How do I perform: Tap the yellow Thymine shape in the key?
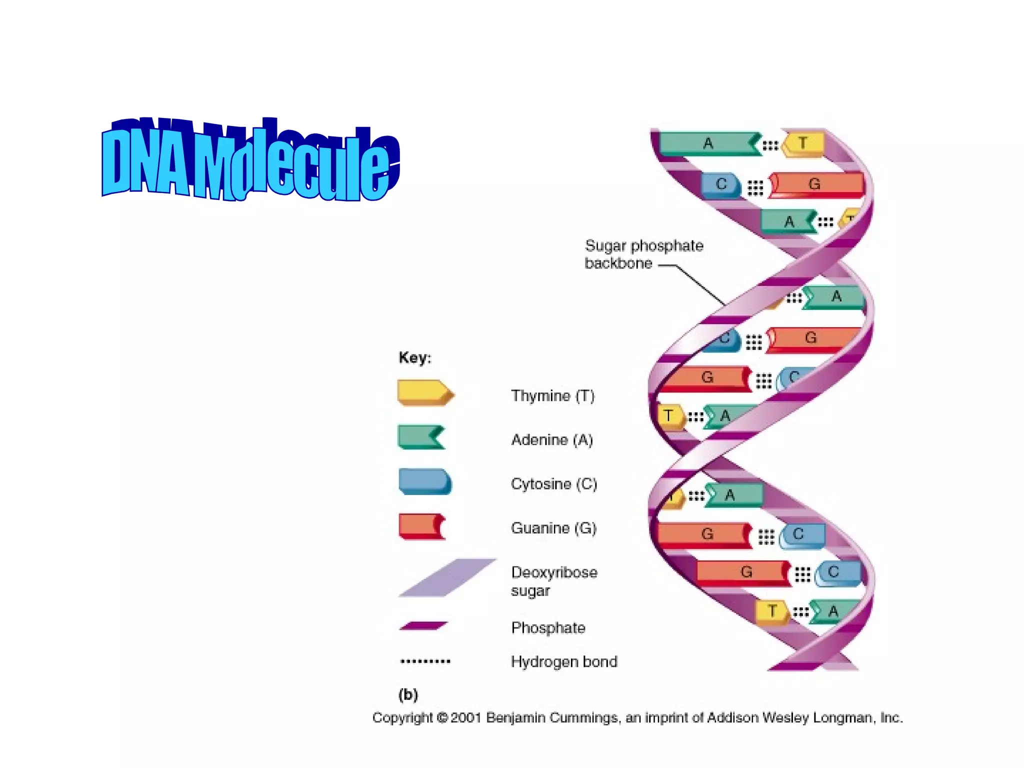[424, 392]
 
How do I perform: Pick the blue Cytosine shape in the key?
[424, 481]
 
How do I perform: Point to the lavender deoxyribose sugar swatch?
[447, 577]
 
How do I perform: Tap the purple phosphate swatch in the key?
[423, 626]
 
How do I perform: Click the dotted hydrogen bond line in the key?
[425, 661]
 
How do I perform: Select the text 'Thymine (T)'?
[552, 396]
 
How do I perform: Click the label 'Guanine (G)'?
[553, 528]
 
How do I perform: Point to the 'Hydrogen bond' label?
[564, 661]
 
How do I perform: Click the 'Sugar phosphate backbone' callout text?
[643, 254]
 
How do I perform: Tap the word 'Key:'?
[414, 357]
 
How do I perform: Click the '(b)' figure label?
[408, 694]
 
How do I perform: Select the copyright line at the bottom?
[637, 718]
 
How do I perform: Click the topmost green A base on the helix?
[707, 143]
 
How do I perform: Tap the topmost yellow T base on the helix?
[803, 143]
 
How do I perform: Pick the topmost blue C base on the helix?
[720, 184]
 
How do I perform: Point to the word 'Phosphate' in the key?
[548, 627]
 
